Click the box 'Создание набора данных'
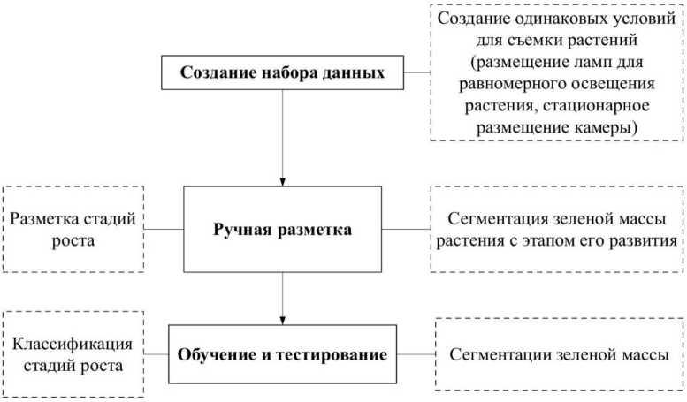282,72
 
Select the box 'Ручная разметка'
282,230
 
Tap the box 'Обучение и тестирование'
282,355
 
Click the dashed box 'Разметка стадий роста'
73,229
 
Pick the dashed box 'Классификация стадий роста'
73,354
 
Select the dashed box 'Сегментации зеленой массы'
559,355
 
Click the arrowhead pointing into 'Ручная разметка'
282,179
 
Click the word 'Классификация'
73,344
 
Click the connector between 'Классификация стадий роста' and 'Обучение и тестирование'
156,355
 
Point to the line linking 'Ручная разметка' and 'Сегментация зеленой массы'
406,230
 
